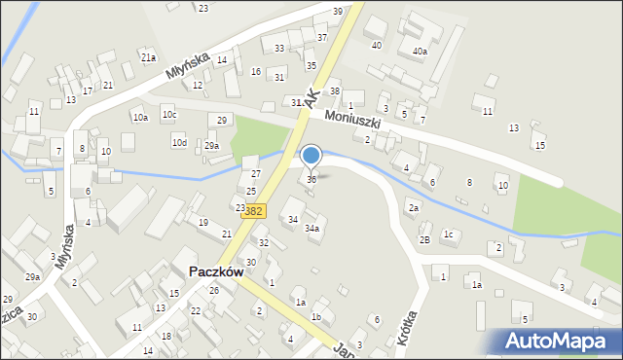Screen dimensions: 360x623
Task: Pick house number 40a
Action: coord(420,51)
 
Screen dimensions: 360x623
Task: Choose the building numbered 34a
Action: coord(311,228)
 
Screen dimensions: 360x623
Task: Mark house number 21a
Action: coord(148,57)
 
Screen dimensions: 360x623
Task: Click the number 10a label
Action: coord(140,118)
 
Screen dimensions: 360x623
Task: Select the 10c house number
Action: coord(169,115)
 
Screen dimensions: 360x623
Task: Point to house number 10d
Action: coord(179,143)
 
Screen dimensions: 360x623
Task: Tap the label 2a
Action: coord(414,208)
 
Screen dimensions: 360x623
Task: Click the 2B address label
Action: coord(424,239)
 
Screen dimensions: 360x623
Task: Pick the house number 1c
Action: coord(449,234)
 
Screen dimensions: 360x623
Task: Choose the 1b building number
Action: coord(315,317)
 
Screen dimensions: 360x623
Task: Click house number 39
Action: coord(338,11)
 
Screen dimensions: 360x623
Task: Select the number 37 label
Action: coord(322,37)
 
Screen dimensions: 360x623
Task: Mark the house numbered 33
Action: coord(279,48)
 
